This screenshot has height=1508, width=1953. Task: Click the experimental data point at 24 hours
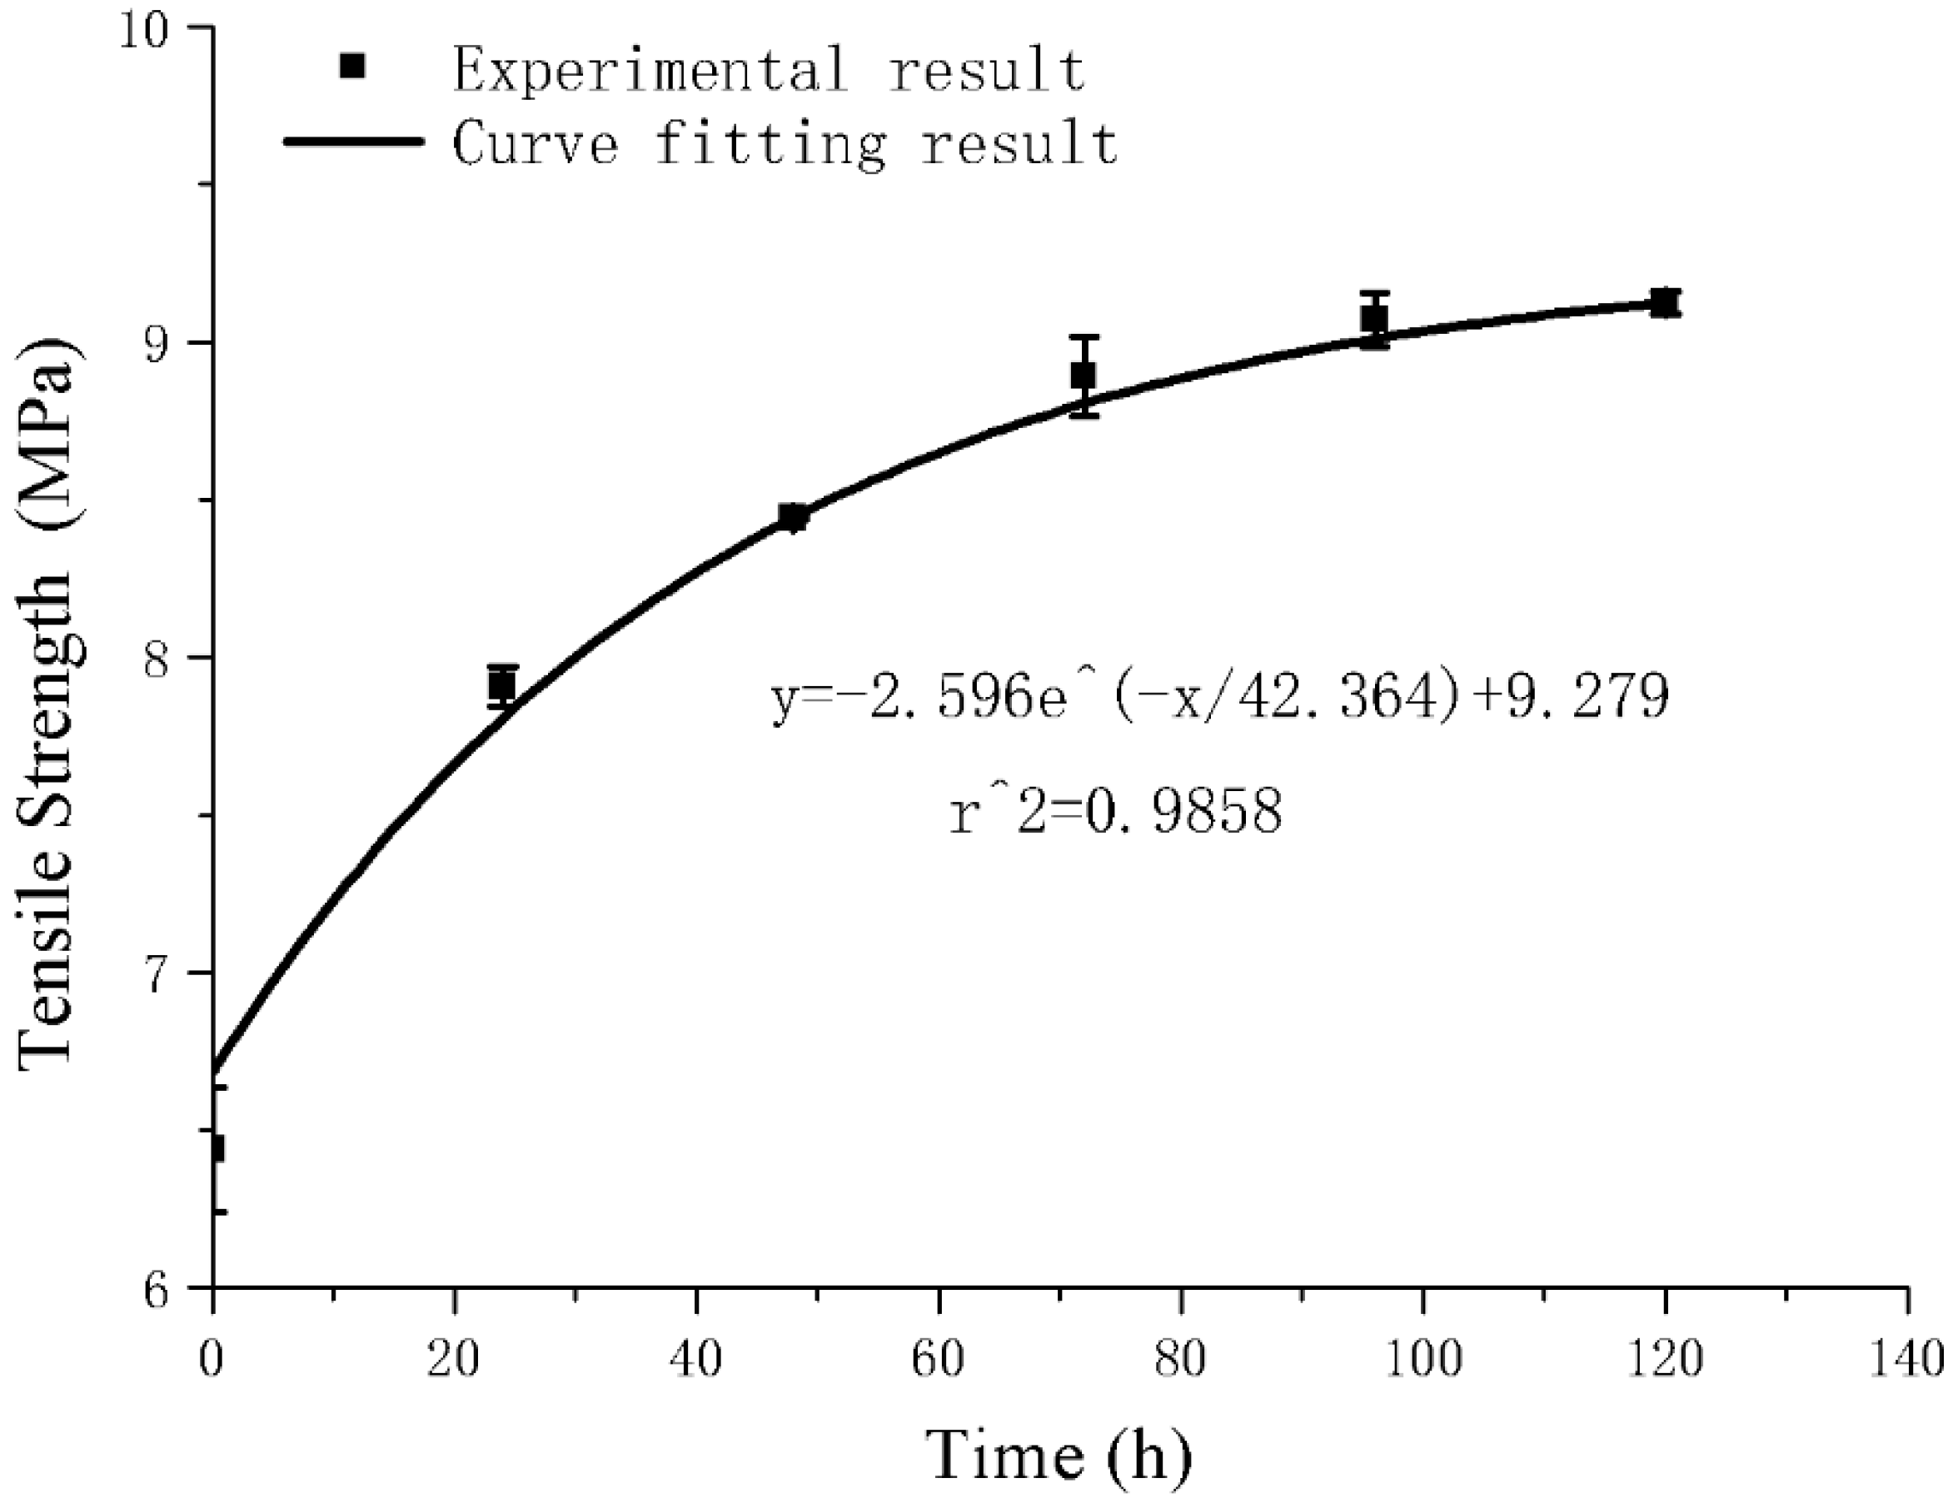[x=502, y=685]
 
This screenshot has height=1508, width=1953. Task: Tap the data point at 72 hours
[x=1083, y=376]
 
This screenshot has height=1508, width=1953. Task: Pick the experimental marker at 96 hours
[x=1374, y=319]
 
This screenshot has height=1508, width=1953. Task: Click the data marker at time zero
[x=215, y=1148]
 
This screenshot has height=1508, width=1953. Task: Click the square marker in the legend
[x=353, y=67]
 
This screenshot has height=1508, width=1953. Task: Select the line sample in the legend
[x=353, y=142]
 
